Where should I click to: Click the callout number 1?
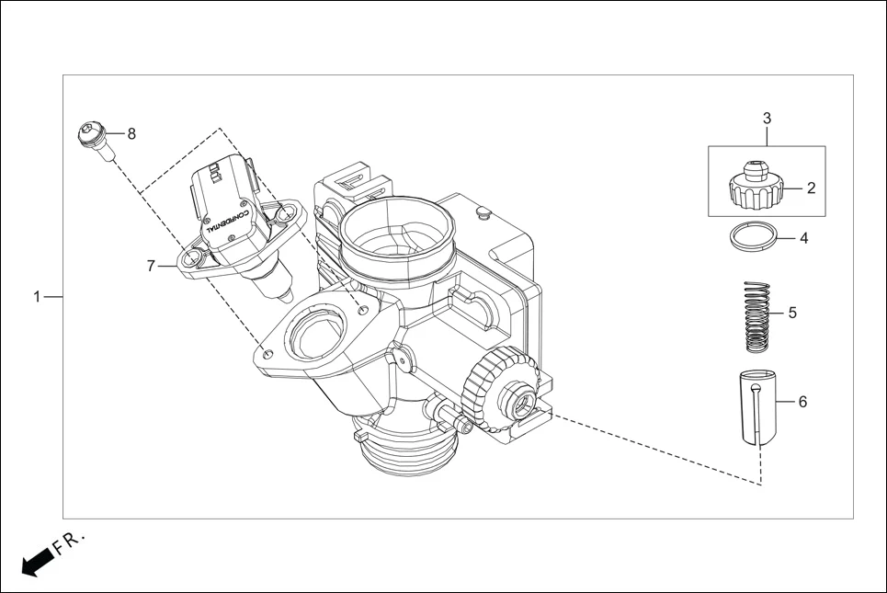pyautogui.click(x=37, y=297)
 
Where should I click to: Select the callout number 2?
pyautogui.click(x=811, y=188)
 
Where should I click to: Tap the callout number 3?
pyautogui.click(x=767, y=119)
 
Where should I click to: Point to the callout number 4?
pyautogui.click(x=803, y=238)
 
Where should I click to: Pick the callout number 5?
pyautogui.click(x=792, y=313)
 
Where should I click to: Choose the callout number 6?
pyautogui.click(x=802, y=402)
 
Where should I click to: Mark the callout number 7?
pyautogui.click(x=151, y=266)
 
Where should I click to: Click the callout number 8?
pyautogui.click(x=131, y=134)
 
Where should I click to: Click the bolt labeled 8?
pyautogui.click(x=95, y=140)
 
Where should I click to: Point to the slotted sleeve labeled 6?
pyautogui.click(x=756, y=408)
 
